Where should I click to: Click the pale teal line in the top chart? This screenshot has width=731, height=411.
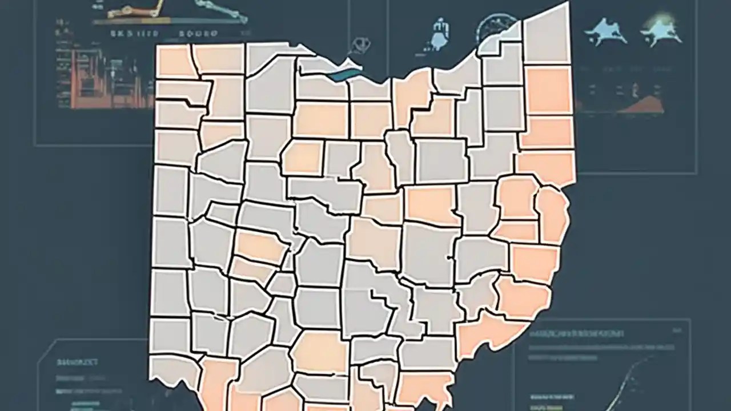coord(223,11)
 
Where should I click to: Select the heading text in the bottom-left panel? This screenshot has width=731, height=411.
coord(78,362)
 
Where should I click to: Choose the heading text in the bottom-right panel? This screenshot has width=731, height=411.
coord(577,333)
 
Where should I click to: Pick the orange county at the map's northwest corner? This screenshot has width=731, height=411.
coord(176,62)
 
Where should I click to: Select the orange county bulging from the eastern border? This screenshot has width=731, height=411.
coord(552,214)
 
